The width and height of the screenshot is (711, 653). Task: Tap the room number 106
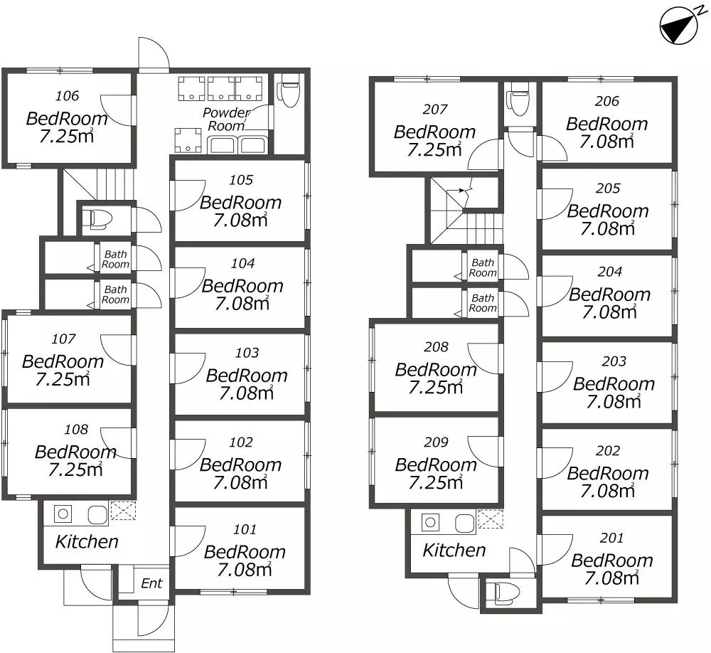pos(67,96)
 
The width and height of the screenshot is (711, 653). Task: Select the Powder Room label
pos(226,119)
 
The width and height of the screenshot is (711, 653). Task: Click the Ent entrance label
pos(151,583)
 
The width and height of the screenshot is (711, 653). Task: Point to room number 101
pos(245,529)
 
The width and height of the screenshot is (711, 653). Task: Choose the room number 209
pos(437,442)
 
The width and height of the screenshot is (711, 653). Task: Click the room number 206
pos(607,101)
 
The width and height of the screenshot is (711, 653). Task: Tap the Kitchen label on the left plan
pos(87,541)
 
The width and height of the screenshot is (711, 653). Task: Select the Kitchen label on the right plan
pos(454,550)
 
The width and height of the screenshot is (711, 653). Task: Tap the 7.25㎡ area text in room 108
pos(75,469)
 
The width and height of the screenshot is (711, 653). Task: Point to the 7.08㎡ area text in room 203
pos(614,402)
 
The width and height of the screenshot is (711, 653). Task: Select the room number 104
pos(243,263)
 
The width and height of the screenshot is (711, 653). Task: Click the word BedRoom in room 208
pos(436,370)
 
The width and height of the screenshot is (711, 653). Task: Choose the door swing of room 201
pos(555,550)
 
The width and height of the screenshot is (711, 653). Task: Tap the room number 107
pos(63,339)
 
